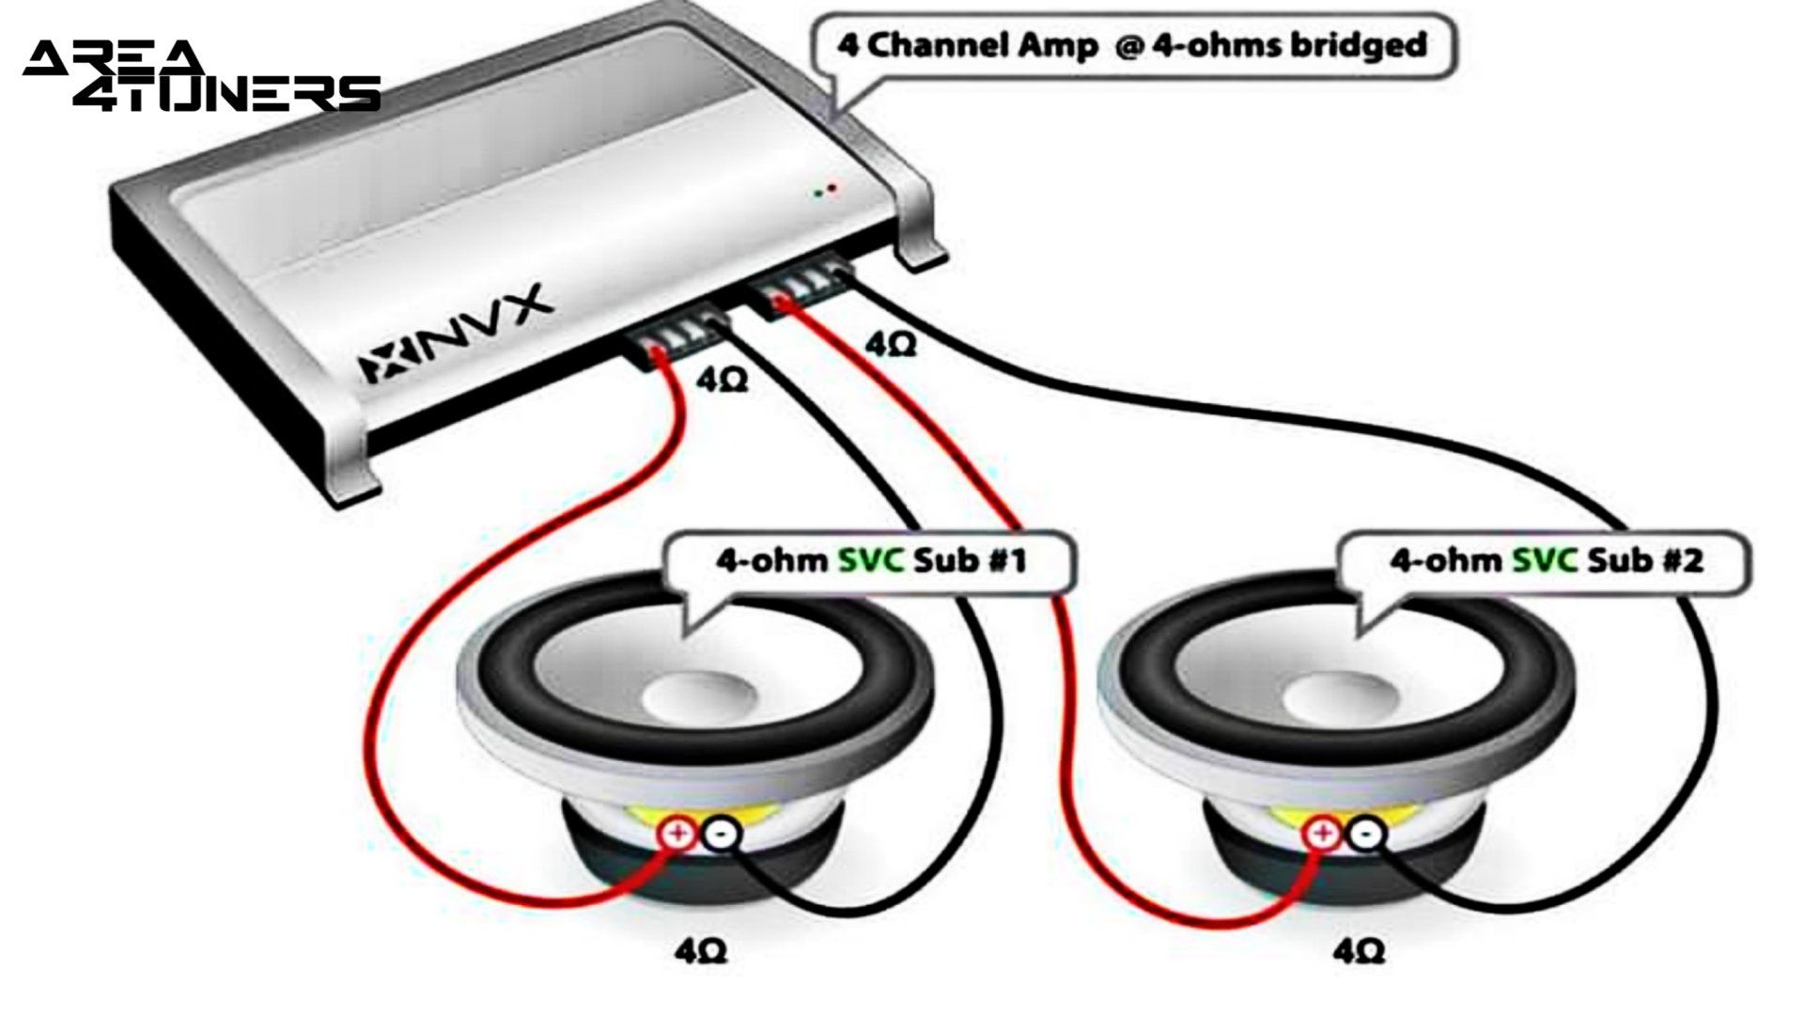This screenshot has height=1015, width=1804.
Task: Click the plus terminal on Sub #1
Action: point(678,833)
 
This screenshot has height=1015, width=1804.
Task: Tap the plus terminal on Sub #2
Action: point(1323,833)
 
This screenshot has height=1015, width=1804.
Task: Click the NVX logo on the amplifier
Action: point(451,335)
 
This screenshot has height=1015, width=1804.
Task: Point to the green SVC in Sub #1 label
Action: point(871,561)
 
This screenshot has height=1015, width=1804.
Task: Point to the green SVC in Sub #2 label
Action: point(1545,561)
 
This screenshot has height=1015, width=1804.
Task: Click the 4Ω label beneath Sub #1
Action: point(701,951)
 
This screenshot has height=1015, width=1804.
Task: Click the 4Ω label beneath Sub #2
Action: point(1359,951)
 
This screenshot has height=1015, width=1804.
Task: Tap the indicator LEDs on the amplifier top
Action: point(825,191)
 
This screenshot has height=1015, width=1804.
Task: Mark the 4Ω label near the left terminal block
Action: point(722,381)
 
